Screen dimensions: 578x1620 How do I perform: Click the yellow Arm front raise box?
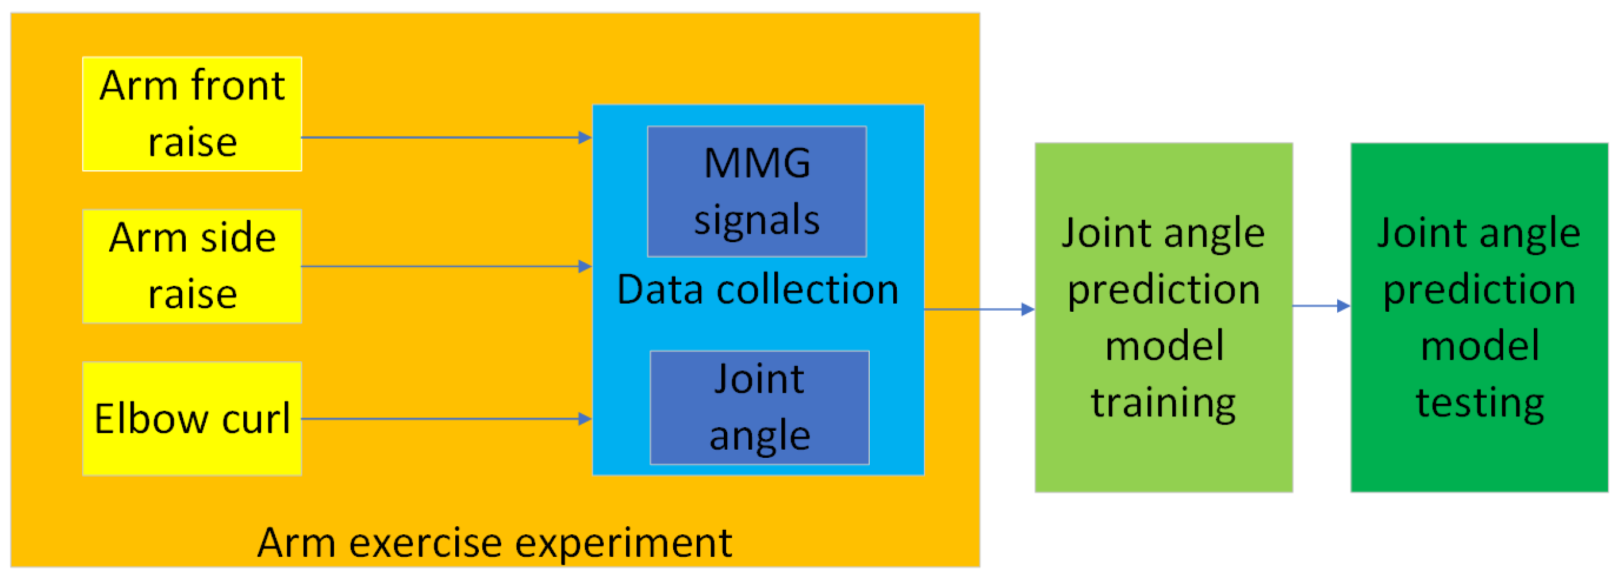pyautogui.click(x=192, y=114)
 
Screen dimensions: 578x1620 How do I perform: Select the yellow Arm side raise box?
pyautogui.click(x=192, y=266)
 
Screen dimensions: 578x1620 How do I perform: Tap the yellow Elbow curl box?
pyautogui.click(x=192, y=418)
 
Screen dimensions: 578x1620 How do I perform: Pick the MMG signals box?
pyautogui.click(x=757, y=191)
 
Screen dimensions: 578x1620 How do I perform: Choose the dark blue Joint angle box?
pyautogui.click(x=759, y=408)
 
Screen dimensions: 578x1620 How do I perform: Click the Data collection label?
pyautogui.click(x=757, y=290)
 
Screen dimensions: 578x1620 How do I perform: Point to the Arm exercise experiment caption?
pyautogui.click(x=494, y=542)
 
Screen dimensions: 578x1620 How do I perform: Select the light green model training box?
pyautogui.click(x=1164, y=317)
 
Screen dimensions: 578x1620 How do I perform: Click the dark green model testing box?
pyautogui.click(x=1479, y=317)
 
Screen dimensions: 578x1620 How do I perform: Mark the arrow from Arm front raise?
pyautogui.click(x=446, y=137)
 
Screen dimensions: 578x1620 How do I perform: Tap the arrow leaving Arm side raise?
pyautogui.click(x=446, y=266)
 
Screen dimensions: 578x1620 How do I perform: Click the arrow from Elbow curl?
pyautogui.click(x=446, y=418)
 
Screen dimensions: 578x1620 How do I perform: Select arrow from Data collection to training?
pyautogui.click(x=978, y=309)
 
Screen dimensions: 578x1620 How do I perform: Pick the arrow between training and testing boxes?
pyautogui.click(x=1321, y=305)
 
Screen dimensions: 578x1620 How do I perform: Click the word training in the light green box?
pyautogui.click(x=1164, y=403)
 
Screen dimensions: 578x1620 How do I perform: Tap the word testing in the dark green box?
pyautogui.click(x=1479, y=403)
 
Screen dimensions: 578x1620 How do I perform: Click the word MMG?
pyautogui.click(x=757, y=163)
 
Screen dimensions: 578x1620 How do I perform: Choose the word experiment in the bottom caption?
pyautogui.click(x=624, y=542)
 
